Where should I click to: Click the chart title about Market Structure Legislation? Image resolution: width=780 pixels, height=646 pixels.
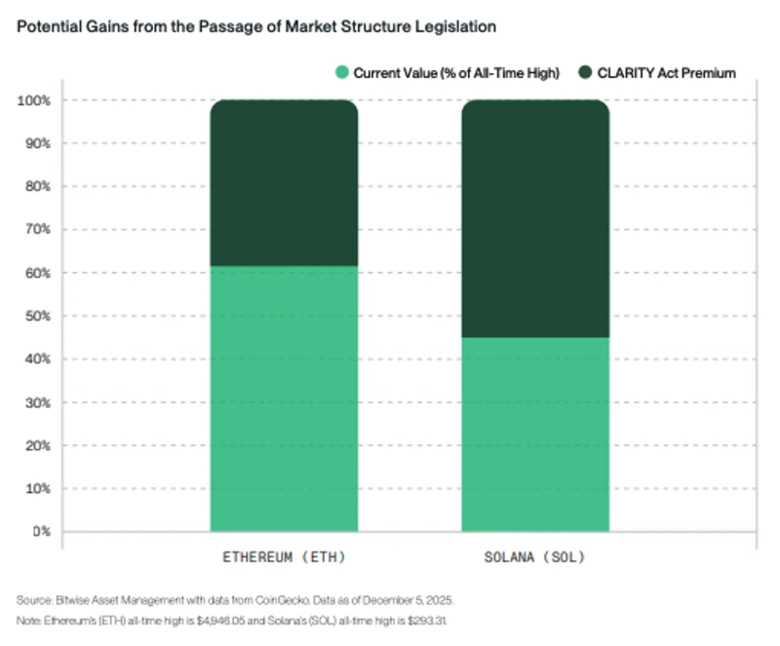pyautogui.click(x=256, y=27)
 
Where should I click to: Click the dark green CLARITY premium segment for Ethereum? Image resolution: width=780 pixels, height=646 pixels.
pyautogui.click(x=284, y=182)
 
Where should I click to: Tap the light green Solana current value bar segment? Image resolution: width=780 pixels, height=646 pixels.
pyautogui.click(x=534, y=434)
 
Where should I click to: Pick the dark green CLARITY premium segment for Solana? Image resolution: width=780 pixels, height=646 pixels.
pyautogui.click(x=534, y=218)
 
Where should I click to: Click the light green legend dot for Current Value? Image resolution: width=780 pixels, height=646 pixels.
pyautogui.click(x=341, y=72)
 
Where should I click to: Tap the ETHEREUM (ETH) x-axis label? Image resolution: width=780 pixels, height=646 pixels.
pyautogui.click(x=284, y=558)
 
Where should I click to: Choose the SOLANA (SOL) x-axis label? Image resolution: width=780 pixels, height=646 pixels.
pyautogui.click(x=534, y=558)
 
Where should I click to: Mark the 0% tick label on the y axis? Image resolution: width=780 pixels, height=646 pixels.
pyautogui.click(x=40, y=532)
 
